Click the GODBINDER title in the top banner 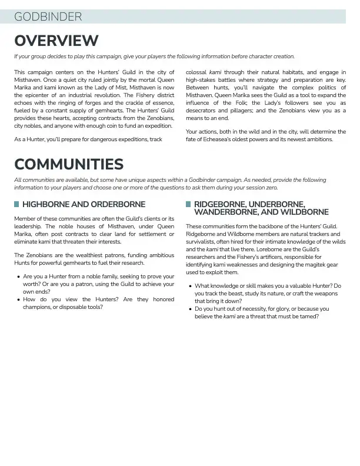(x=48, y=17)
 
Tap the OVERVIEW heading (x=56, y=41)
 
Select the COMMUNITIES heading (x=69, y=164)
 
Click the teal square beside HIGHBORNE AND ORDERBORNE (x=16, y=205)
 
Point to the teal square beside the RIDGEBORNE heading (x=188, y=205)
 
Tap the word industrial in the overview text (x=77, y=95)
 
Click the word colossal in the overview (x=196, y=72)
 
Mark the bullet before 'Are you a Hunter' (x=19, y=277)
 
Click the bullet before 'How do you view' (x=19, y=299)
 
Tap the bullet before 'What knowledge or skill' (x=190, y=286)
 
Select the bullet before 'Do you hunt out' (x=190, y=309)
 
